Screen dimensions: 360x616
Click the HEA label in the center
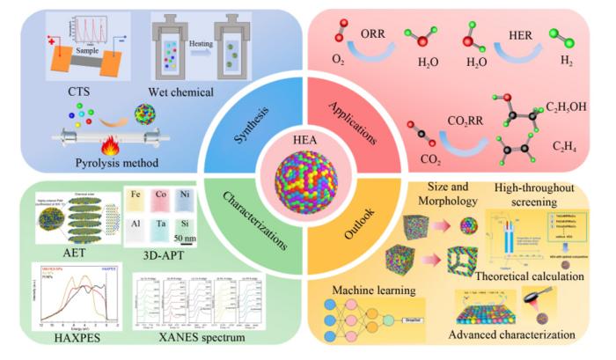click(x=308, y=142)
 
